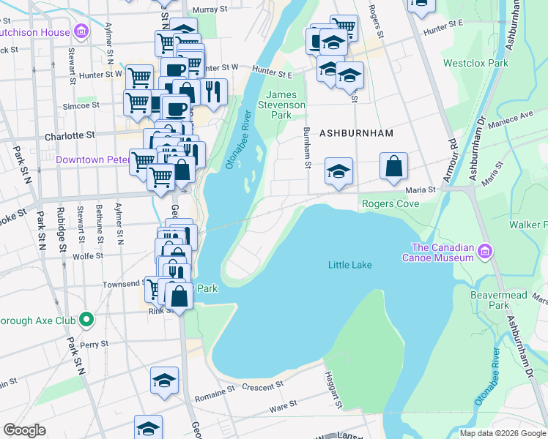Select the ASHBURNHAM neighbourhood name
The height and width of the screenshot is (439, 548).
pos(356,133)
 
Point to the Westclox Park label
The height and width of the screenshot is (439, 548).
pos(475,64)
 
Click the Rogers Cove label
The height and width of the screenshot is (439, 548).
pos(389,203)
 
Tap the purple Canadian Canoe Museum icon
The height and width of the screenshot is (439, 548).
pos(484,252)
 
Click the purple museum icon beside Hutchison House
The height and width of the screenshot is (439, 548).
pos(81,31)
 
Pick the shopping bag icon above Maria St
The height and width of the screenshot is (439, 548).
pos(393,166)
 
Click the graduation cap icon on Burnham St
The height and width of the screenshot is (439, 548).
pos(338,172)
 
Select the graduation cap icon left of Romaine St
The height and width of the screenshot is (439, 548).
pos(165,381)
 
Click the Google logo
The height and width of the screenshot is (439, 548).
pos(24,430)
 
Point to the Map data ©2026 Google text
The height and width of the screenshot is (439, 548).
pos(502,433)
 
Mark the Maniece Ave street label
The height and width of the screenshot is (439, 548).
pos(516,118)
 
